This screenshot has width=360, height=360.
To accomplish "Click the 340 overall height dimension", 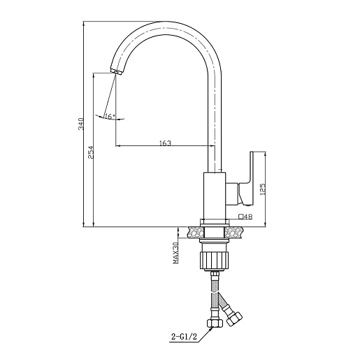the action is [81, 124].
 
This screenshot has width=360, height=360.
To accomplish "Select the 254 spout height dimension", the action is [91, 152].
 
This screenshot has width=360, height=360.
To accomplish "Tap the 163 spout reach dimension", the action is [165, 143].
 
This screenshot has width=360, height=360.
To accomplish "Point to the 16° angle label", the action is [110, 116].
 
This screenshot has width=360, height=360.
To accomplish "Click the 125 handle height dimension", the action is [262, 189].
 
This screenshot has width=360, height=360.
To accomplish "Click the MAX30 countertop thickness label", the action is [175, 253].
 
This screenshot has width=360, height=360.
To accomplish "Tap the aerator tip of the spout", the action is [116, 71].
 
